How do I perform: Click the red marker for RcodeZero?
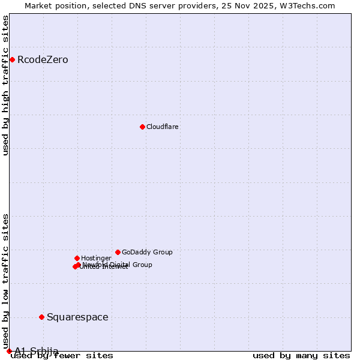click(12, 59)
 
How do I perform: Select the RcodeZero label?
click(43, 60)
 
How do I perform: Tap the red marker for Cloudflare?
click(142, 127)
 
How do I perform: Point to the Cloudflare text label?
click(163, 127)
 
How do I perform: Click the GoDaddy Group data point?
click(118, 252)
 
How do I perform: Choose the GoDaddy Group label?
click(147, 253)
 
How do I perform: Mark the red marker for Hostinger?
click(77, 258)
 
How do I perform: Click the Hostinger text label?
click(96, 259)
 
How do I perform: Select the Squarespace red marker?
click(41, 317)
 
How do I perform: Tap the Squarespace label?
click(77, 317)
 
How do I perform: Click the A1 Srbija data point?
click(9, 351)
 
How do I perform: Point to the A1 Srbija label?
click(37, 351)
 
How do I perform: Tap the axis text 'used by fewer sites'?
click(62, 356)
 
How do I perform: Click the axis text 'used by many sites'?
click(301, 356)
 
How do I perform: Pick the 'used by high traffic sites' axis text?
click(6, 85)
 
